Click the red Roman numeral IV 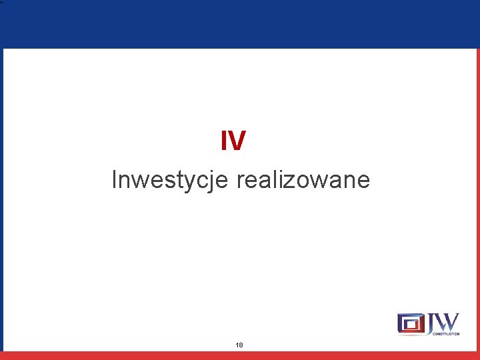(233, 141)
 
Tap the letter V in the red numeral (237, 141)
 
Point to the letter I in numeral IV (225, 141)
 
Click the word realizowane (303, 180)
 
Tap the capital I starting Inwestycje (115, 179)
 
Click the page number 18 (239, 345)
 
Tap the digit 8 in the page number (241, 345)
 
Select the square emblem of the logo (411, 324)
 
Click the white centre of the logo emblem (411, 325)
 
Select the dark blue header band (240, 24)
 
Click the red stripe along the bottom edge (240, 355)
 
